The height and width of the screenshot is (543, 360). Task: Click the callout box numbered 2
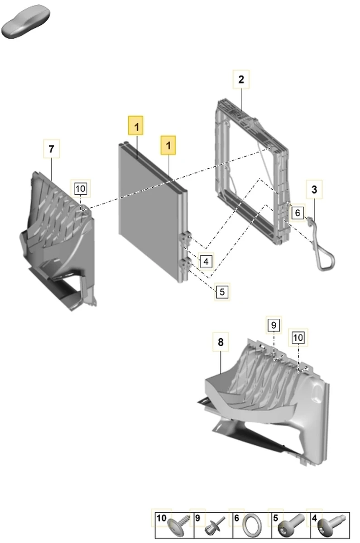(x=241, y=79)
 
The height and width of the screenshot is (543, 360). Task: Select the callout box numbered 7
(x=52, y=148)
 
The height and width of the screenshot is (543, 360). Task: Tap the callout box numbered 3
(x=314, y=189)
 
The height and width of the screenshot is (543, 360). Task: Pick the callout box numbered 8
(x=221, y=342)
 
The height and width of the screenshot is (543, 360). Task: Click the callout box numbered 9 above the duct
(x=274, y=325)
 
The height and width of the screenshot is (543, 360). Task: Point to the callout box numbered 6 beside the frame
(x=298, y=213)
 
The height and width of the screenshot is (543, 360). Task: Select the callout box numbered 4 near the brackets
(x=206, y=262)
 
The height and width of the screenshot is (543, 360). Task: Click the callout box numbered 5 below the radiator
(x=222, y=291)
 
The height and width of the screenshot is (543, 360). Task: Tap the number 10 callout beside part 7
(x=81, y=188)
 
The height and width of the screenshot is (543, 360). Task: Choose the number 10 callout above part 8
(x=298, y=338)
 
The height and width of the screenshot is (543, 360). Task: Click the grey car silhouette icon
(x=25, y=21)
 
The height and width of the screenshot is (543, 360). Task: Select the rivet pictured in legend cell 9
(x=215, y=526)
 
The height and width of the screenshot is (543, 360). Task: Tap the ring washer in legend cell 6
(x=252, y=525)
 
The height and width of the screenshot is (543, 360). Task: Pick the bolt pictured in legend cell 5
(x=291, y=525)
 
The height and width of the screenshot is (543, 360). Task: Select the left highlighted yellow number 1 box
(x=135, y=126)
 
